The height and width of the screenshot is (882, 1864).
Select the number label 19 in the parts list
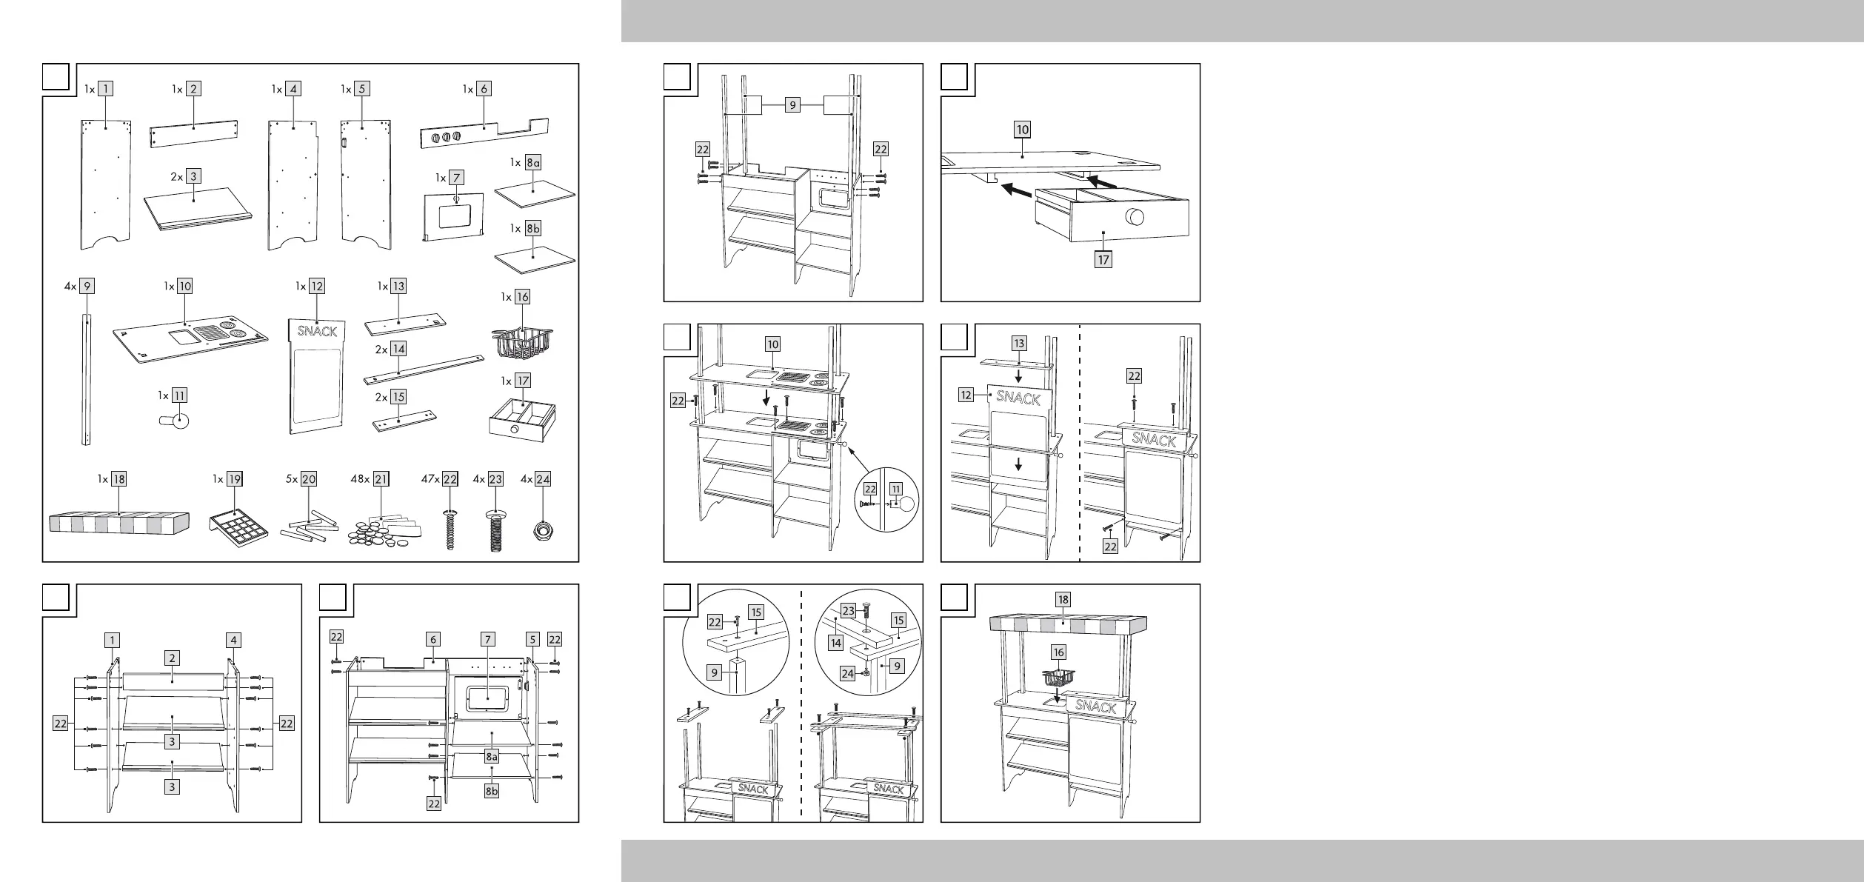coord(235,479)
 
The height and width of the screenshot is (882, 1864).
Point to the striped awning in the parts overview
coord(119,521)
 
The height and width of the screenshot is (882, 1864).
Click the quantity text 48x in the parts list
coord(361,479)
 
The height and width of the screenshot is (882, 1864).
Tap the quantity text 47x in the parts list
coord(429,479)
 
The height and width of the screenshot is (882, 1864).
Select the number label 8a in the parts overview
coord(533,162)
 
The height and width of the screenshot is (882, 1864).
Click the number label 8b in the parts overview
coord(533,229)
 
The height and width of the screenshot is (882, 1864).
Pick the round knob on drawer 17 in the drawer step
coord(1135,218)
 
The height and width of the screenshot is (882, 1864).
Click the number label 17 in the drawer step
coord(1103,260)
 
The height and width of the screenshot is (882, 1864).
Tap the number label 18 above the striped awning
coord(1063,599)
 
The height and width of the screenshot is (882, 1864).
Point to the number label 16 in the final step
coord(1059,652)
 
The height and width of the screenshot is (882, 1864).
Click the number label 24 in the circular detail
coord(848,673)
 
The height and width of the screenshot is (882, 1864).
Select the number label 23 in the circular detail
coord(849,611)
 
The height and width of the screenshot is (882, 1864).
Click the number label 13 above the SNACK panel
coord(1020,343)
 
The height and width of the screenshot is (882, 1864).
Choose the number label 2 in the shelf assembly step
coord(173,658)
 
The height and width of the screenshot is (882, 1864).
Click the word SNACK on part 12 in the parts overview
coord(317,331)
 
